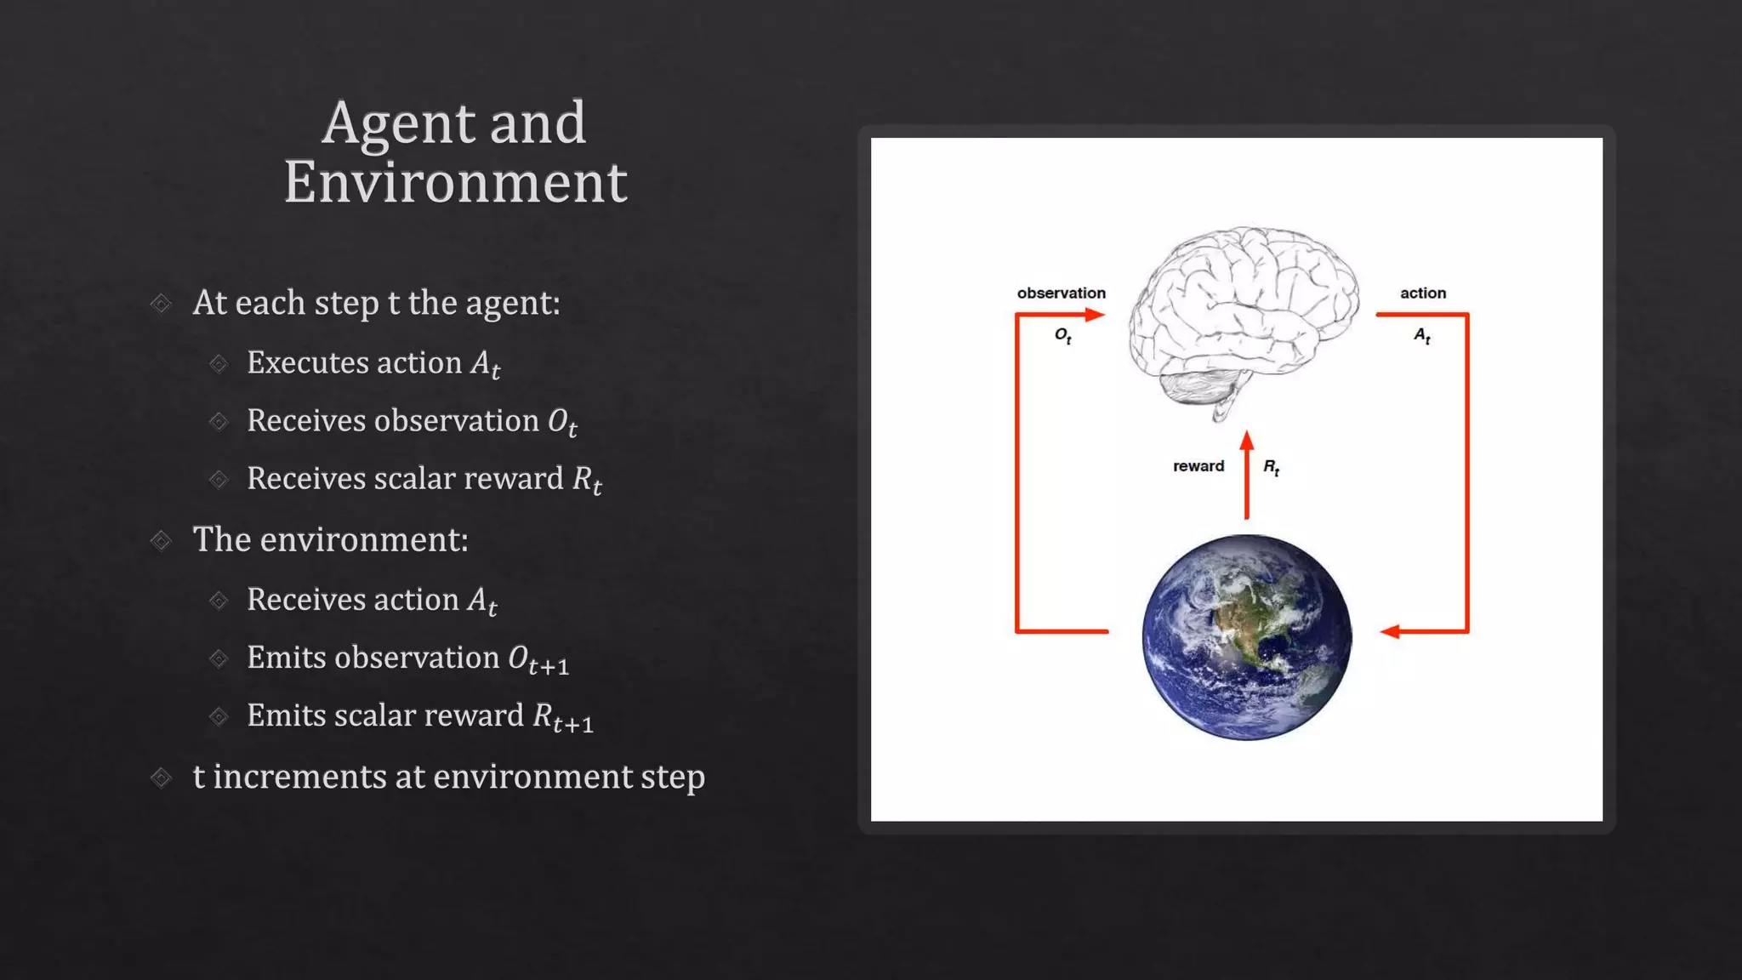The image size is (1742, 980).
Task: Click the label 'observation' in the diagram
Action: (1061, 293)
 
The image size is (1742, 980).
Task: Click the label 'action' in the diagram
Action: (1422, 293)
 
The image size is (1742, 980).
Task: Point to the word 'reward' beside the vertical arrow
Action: (1198, 466)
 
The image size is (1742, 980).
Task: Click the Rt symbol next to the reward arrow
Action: (1271, 467)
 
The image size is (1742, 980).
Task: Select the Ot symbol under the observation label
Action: (1062, 336)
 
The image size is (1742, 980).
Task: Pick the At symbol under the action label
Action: (1422, 336)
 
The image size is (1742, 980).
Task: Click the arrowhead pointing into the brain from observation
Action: (1095, 315)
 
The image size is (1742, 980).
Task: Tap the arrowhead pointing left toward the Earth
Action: (1391, 631)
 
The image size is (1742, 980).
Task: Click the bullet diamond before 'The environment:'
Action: (161, 540)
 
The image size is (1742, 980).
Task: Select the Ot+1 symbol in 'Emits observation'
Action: (538, 659)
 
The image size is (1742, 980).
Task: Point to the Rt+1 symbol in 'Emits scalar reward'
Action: (562, 717)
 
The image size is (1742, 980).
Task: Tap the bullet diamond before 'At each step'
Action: (161, 304)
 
